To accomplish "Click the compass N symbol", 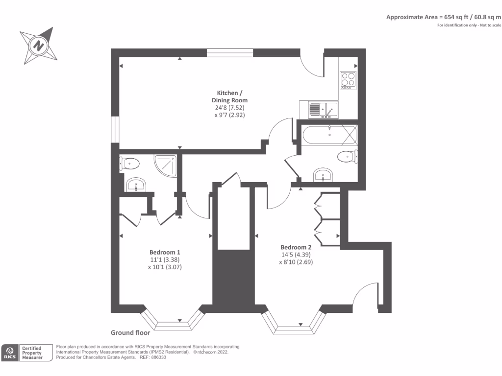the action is [x=39, y=46].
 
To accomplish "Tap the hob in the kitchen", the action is [x=348, y=80].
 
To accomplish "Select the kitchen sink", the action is [x=323, y=110].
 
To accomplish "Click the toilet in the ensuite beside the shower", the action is [x=129, y=164].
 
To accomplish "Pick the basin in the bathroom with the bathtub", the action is [x=324, y=175].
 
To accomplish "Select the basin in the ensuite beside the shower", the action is [x=136, y=185].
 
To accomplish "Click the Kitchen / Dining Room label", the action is [x=229, y=96].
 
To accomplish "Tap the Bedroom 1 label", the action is [x=165, y=252].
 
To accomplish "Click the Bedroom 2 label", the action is [x=296, y=247].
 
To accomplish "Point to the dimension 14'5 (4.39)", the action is [x=296, y=255].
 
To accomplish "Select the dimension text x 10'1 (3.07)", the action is [x=165, y=267].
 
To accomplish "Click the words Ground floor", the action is [x=130, y=332].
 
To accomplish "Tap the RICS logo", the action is [x=10, y=353].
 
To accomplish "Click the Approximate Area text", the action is [x=443, y=17].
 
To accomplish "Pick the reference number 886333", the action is [x=158, y=357].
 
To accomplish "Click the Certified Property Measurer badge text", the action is [x=32, y=353].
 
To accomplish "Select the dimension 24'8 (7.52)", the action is [x=229, y=107].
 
